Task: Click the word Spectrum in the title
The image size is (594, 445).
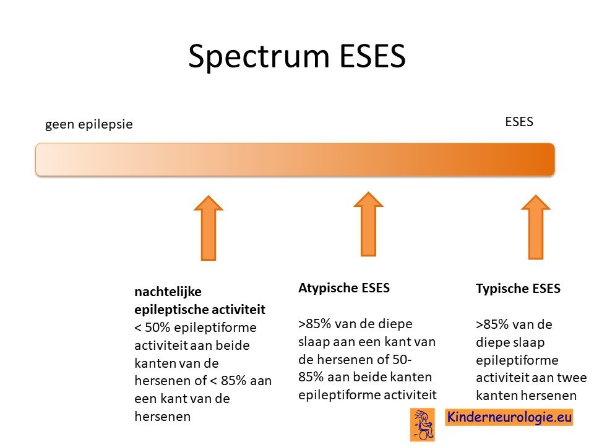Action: coord(259,57)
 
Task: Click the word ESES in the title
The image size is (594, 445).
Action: coord(372,56)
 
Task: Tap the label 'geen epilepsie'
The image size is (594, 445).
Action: coord(89,124)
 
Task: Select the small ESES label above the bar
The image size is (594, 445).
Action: coord(519,122)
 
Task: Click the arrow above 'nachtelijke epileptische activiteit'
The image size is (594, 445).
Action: coord(209,228)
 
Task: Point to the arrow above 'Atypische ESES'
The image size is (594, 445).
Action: coord(368,224)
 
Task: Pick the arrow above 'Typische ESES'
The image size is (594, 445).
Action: coord(536,227)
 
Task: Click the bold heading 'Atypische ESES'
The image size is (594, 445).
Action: coord(344,289)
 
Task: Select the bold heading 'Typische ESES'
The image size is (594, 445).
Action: coord(518,289)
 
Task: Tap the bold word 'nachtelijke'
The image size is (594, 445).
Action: coord(168,292)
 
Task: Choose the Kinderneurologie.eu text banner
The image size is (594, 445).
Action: coord(509,417)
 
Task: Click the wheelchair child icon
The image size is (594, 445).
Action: coord(423,425)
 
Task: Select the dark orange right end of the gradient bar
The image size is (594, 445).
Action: coord(546,159)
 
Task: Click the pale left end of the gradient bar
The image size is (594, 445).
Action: coord(45,159)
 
